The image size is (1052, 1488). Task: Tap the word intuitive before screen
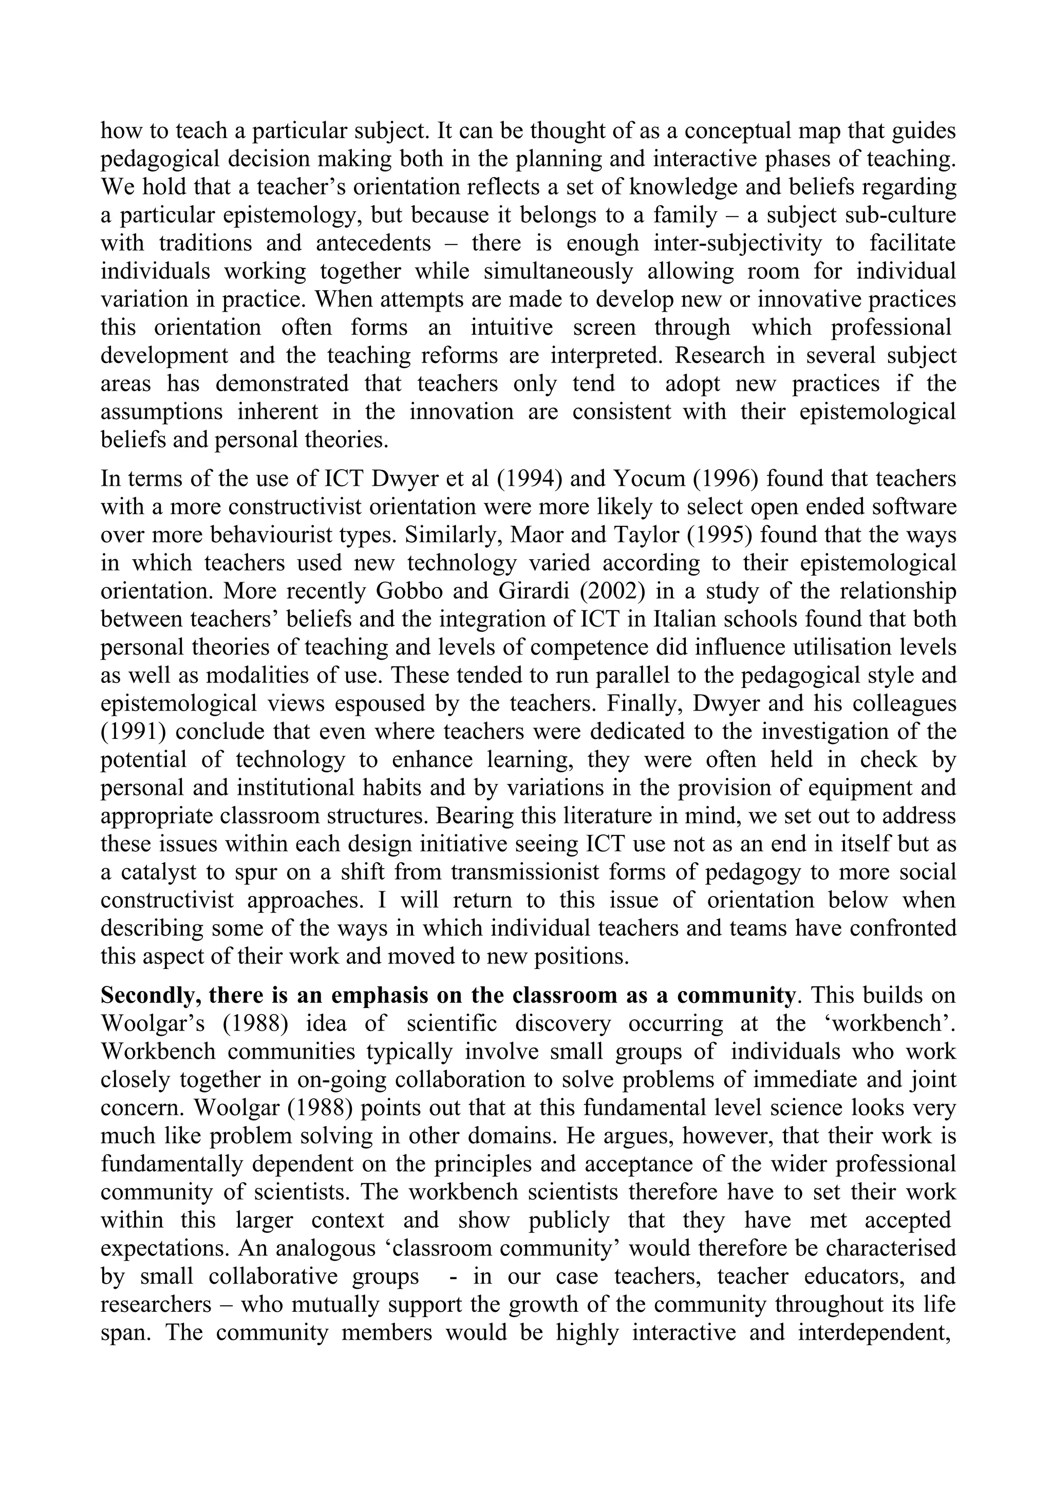[x=512, y=327]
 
